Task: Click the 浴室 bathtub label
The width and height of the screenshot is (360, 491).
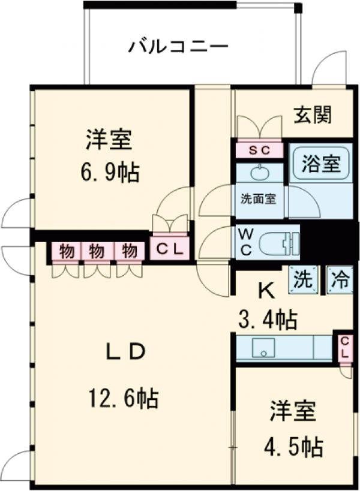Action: [x=321, y=163]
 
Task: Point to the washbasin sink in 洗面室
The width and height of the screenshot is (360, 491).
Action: [x=259, y=174]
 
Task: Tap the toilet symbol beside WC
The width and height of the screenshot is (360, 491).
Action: [x=279, y=242]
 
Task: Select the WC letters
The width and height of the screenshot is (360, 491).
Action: [x=245, y=242]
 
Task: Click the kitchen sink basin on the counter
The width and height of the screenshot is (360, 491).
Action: [x=262, y=348]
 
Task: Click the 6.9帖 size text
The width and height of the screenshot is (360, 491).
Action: [x=110, y=173]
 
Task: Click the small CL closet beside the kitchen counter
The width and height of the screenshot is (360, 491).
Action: [x=344, y=347]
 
